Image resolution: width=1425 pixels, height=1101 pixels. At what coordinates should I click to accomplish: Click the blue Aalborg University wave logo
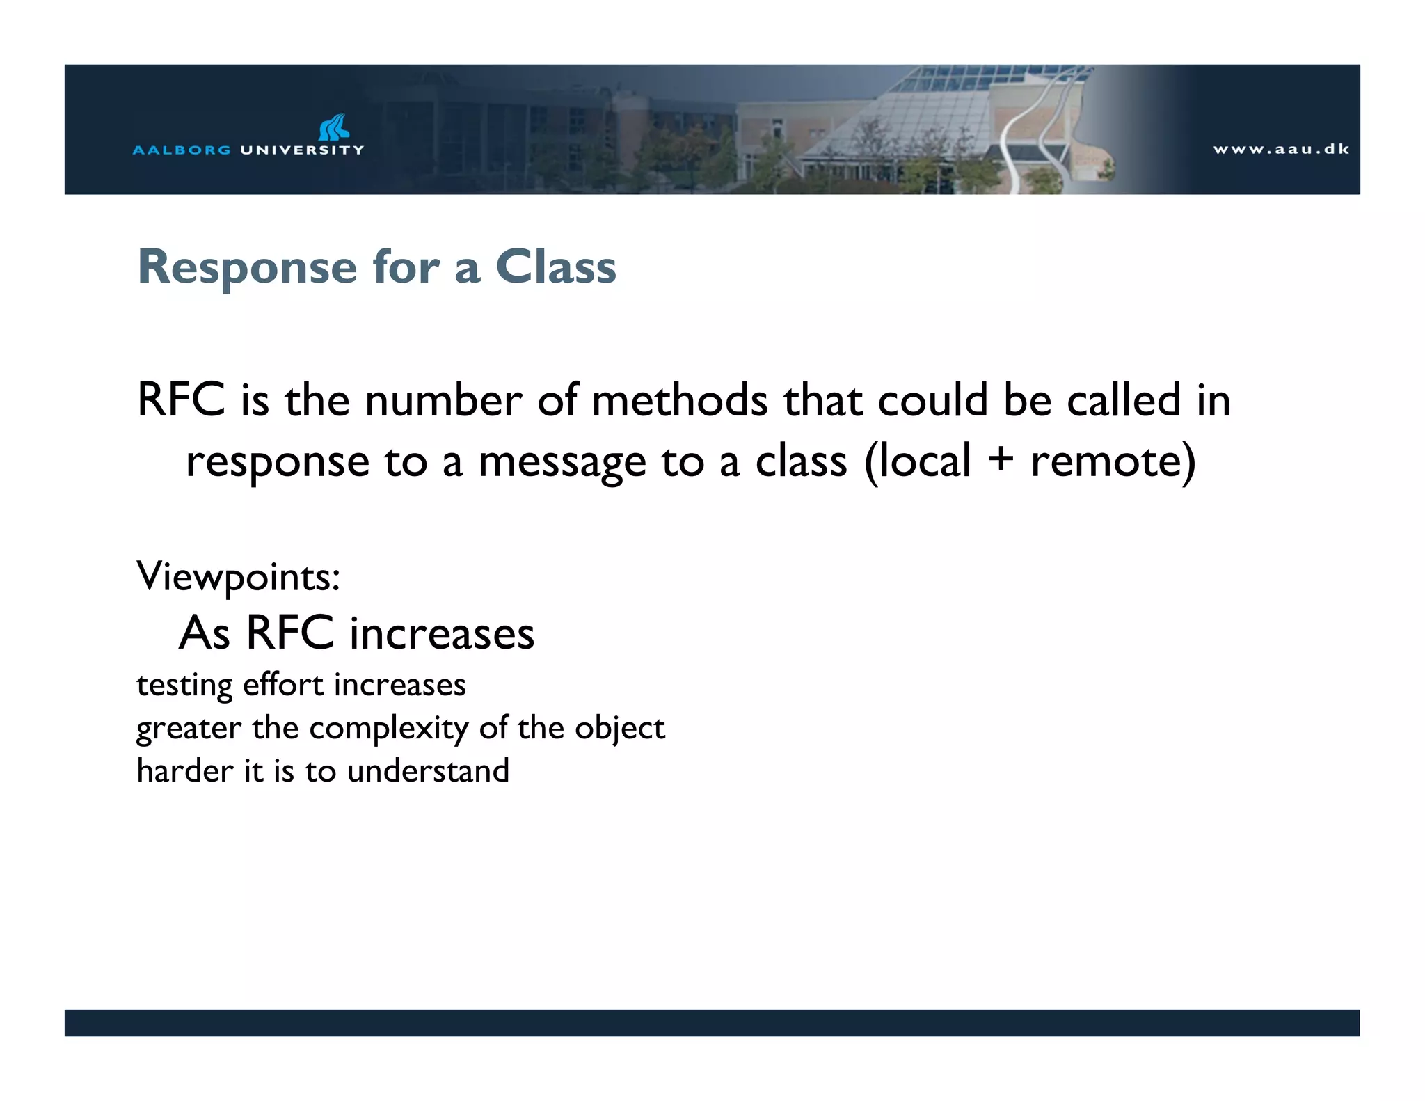(x=334, y=128)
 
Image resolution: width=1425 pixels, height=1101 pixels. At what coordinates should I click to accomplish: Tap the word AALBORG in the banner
(x=181, y=150)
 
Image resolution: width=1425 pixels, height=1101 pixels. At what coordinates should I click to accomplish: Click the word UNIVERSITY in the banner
(x=302, y=150)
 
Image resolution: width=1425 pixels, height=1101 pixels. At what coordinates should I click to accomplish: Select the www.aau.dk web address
(x=1280, y=149)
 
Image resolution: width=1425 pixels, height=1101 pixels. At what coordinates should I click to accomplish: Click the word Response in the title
(x=248, y=268)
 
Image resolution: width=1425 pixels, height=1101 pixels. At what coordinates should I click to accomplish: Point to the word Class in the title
(x=555, y=267)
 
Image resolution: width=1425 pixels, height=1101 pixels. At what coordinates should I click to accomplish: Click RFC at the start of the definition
(x=181, y=400)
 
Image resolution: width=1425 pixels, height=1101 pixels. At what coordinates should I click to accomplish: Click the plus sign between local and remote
(x=1000, y=460)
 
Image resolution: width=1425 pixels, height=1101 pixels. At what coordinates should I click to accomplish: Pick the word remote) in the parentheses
(x=1113, y=461)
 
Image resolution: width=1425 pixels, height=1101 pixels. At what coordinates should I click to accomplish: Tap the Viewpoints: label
(x=239, y=576)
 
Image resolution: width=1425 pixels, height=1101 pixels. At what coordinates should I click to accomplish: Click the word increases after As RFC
(x=442, y=633)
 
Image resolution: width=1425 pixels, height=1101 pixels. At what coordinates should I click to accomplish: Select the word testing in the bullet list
(x=184, y=686)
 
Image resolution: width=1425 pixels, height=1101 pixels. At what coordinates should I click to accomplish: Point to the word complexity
(x=389, y=729)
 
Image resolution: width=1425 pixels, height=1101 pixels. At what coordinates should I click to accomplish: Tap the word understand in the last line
(x=428, y=771)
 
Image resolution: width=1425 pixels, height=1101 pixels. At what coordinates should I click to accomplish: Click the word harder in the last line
(x=185, y=771)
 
